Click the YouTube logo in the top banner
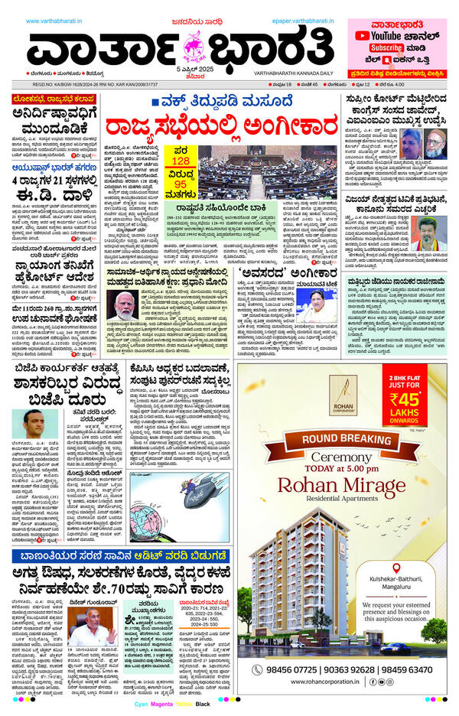tap(366, 35)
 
